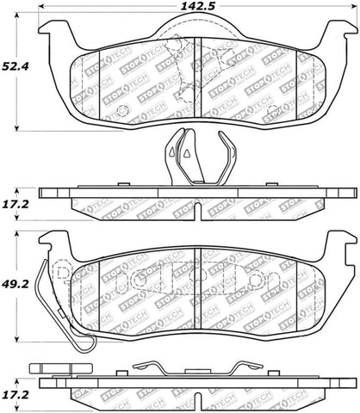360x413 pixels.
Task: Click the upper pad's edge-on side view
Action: pyautogui.click(x=195, y=198)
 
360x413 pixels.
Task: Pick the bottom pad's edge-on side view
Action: pyautogui.click(x=195, y=391)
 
